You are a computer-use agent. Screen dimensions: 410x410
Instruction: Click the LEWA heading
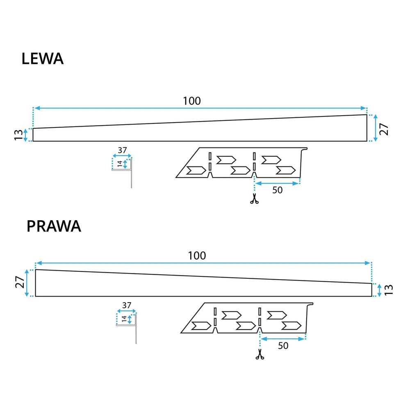tap(42, 59)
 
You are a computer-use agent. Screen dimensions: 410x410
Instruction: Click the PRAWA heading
tap(54, 226)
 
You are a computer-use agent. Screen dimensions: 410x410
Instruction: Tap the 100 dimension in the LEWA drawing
tap(192, 101)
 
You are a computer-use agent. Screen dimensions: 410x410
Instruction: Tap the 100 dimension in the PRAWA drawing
tap(197, 255)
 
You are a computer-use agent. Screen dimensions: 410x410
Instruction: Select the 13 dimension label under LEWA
tap(18, 135)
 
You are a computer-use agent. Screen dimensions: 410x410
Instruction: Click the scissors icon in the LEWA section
tap(254, 200)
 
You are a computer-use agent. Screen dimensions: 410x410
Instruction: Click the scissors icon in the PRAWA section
tap(259, 355)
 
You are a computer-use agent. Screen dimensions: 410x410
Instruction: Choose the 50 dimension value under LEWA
tap(278, 191)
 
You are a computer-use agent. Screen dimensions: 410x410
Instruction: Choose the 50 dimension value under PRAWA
tap(283, 346)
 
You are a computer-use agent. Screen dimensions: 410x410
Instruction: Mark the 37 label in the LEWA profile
tap(122, 150)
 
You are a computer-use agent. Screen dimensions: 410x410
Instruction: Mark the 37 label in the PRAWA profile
tap(127, 305)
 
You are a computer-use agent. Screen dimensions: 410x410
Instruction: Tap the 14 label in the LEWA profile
tap(120, 164)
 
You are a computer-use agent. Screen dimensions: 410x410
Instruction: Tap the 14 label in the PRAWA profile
tap(124, 319)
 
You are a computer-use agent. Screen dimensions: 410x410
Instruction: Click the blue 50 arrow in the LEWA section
tap(277, 183)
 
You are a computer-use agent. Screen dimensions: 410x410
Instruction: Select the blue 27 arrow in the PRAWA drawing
tap(27, 283)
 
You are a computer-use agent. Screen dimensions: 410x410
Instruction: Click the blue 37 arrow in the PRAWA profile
tap(127, 312)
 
